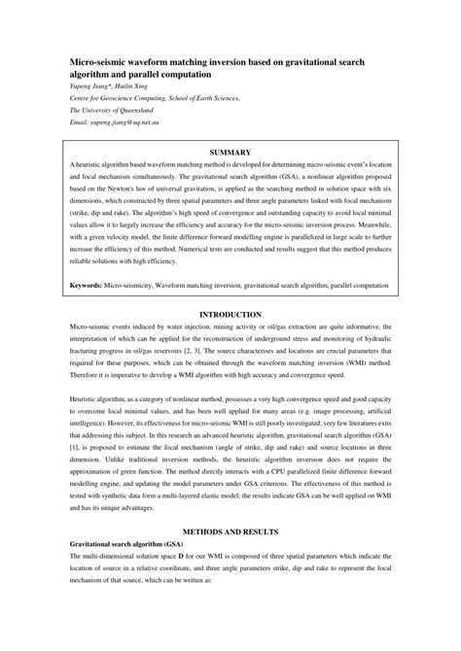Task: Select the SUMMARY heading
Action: point(230,152)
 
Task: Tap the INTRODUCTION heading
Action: point(230,315)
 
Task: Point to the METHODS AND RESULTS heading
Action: point(230,531)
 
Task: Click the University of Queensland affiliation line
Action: point(112,112)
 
